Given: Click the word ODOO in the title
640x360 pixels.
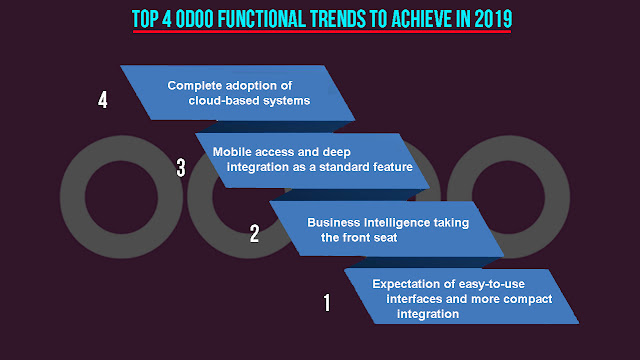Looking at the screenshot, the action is click(x=195, y=19).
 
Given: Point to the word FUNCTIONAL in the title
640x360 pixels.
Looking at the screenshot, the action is click(x=262, y=19).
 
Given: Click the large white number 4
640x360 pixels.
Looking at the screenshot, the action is click(x=102, y=100).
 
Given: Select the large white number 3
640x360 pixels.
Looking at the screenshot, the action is click(x=181, y=168).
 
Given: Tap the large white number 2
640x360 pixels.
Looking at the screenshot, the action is click(x=254, y=234).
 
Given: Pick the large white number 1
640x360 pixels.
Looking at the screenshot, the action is click(x=327, y=303).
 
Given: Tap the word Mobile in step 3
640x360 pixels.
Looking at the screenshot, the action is click(x=230, y=152).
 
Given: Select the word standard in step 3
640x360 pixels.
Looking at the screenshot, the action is click(x=344, y=167).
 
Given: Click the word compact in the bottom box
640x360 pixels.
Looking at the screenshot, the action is click(x=527, y=299).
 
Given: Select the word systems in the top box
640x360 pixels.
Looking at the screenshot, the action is click(x=287, y=101).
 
